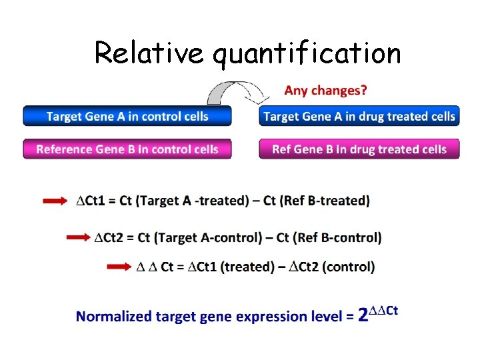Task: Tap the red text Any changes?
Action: coord(325,89)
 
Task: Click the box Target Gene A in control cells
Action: coord(127,117)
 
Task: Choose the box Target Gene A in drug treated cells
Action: coord(359,117)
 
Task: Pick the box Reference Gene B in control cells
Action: coord(127,149)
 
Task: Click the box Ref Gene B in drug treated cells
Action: coord(359,149)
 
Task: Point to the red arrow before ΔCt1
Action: coord(55,201)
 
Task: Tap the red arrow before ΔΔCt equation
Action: coord(119,267)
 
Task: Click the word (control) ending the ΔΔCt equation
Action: coord(348,267)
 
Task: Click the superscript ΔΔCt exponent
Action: coord(384,309)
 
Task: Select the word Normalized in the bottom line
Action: coord(114,317)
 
